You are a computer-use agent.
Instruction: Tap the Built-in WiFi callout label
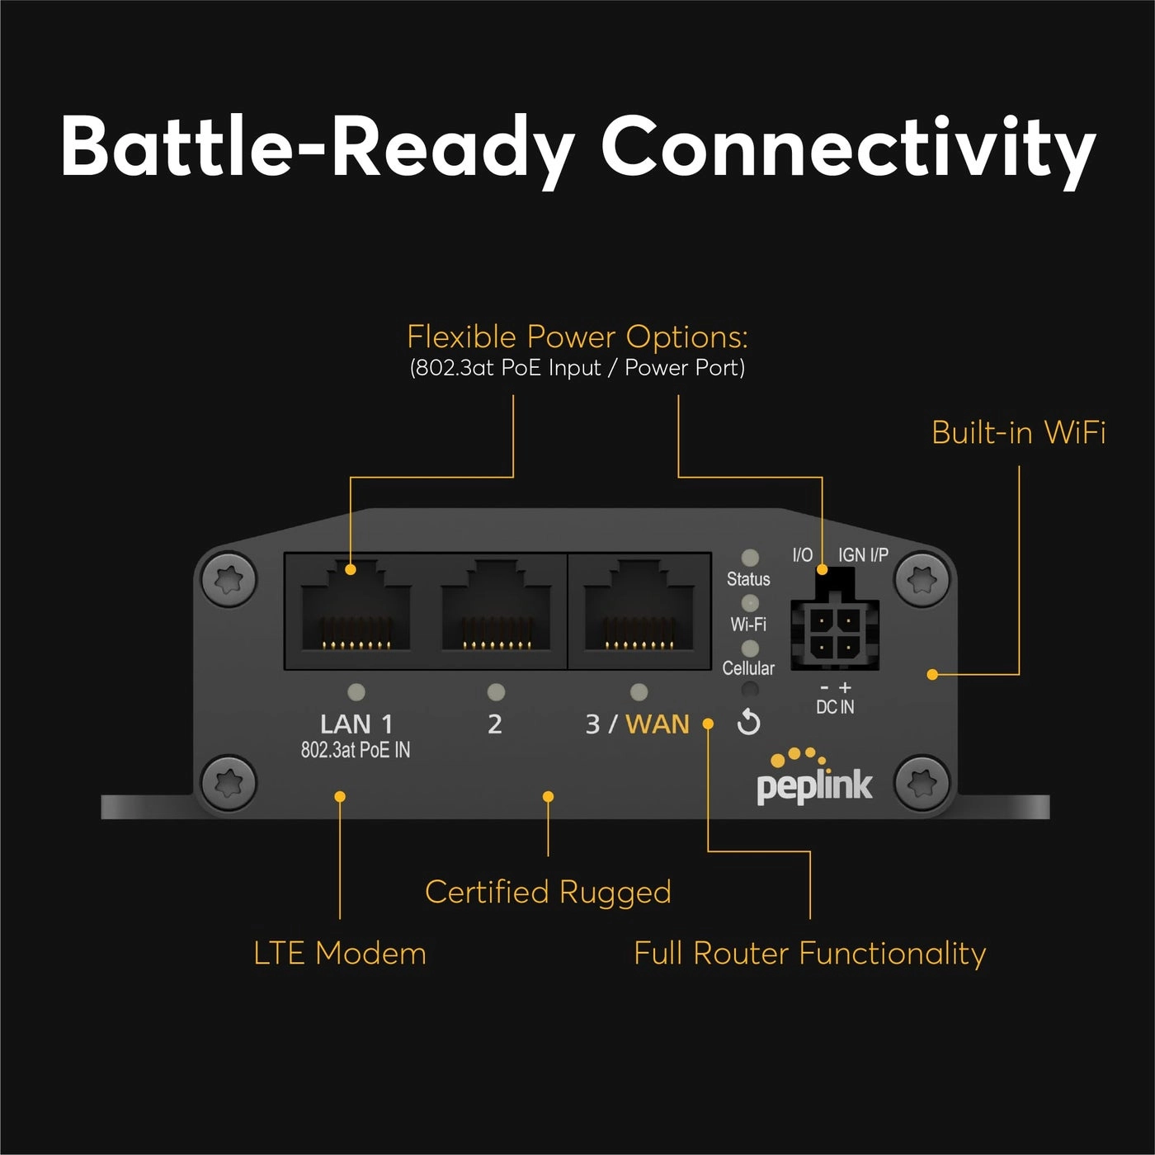pos(1018,432)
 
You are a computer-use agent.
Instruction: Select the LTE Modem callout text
pos(339,953)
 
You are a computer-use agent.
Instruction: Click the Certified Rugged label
pos(548,892)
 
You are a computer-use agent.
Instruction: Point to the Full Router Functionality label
pos(809,953)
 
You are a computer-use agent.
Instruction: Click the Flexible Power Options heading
pos(577,337)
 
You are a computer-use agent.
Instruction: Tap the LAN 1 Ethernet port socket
pos(356,610)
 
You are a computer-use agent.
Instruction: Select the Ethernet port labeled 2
pos(496,610)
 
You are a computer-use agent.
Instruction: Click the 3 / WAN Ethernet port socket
pos(639,610)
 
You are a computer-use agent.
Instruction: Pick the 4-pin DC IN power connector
pos(834,632)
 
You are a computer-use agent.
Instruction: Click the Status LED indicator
pos(750,558)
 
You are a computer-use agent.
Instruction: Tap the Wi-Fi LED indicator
pos(750,603)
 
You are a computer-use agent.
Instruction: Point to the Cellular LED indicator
pos(750,648)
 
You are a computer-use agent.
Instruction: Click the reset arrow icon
pos(748,723)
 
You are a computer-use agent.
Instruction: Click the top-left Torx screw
pos(229,579)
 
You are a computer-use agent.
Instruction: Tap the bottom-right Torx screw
pos(922,781)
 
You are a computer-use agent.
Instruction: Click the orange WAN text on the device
pos(657,724)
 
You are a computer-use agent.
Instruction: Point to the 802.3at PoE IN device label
pos(356,750)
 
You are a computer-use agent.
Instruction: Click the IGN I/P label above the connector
pos(863,555)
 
